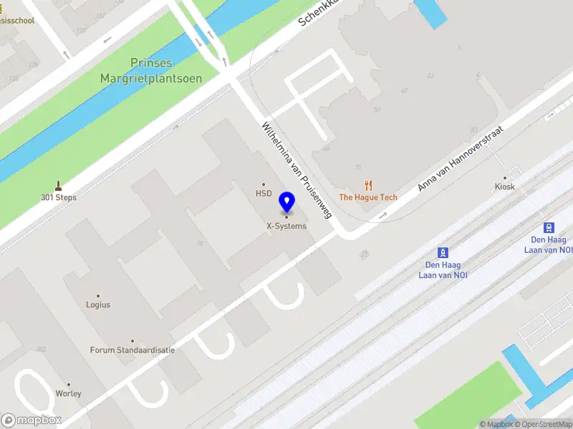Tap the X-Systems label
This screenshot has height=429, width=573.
[286, 226]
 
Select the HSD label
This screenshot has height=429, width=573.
[264, 193]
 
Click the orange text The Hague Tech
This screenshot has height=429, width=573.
[368, 197]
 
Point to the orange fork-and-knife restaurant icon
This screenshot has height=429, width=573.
[369, 185]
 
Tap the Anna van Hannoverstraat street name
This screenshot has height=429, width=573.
[461, 159]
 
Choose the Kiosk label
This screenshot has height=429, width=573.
[504, 187]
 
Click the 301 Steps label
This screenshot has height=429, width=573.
[59, 197]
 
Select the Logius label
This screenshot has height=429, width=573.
[98, 305]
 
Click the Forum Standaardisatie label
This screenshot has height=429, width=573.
[133, 350]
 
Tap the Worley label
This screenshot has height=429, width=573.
[69, 393]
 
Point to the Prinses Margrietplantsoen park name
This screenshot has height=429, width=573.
[151, 71]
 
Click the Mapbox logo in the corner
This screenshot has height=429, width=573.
[32, 420]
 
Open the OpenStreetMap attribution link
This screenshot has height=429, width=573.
[542, 425]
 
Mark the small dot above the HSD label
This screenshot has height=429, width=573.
[264, 184]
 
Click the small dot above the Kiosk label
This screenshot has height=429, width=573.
[505, 177]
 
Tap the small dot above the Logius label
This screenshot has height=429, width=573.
[98, 295]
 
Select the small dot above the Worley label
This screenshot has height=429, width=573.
[69, 384]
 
